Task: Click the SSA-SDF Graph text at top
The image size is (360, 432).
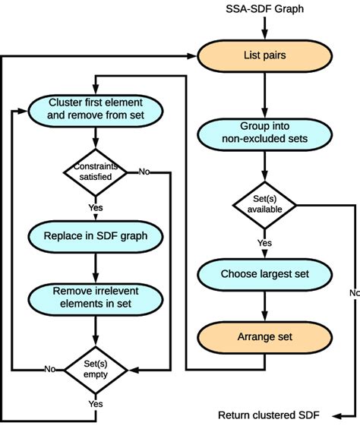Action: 264,9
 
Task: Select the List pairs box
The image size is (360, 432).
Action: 264,55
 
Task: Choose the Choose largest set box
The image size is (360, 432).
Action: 264,273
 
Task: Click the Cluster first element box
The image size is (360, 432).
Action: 96,109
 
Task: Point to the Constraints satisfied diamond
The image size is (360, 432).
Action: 96,172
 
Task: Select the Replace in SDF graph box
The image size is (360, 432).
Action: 96,235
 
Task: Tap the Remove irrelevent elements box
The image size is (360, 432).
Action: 96,296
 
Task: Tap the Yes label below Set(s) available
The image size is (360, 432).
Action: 264,243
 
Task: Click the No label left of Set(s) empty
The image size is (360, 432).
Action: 49,369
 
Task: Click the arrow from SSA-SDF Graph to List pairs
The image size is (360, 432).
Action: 264,28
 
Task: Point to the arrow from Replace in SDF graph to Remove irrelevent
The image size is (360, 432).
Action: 96,266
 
